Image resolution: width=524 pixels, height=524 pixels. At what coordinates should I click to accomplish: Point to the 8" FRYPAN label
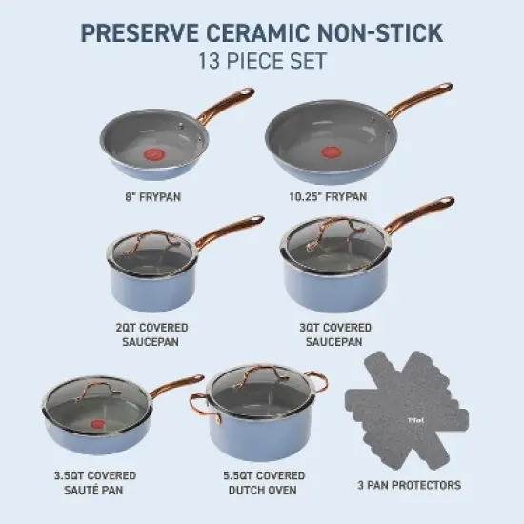pos(154,198)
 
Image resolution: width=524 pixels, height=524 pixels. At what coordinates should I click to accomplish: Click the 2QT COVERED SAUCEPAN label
pos(151,333)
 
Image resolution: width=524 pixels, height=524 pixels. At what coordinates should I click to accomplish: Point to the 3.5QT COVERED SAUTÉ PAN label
pos(94,482)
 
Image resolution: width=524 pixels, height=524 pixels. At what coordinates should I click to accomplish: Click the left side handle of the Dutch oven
pos(201,406)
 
